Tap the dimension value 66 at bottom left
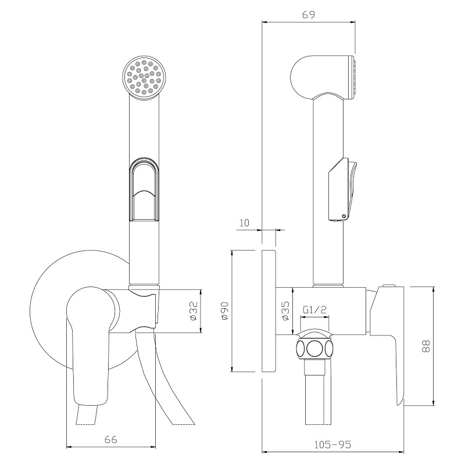tap(111, 439)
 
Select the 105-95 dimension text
tap(332, 444)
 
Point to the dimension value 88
tap(425, 346)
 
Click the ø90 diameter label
tap(224, 311)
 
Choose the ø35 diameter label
tap(285, 311)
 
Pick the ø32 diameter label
tap(193, 311)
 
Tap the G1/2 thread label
tap(314, 310)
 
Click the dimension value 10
tap(244, 223)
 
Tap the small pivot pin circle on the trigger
tap(344, 216)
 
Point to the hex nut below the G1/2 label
tap(314, 345)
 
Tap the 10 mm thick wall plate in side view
tap(269, 312)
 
